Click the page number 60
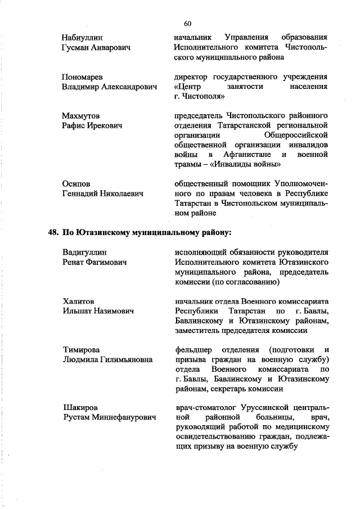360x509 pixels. [x=188, y=23]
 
